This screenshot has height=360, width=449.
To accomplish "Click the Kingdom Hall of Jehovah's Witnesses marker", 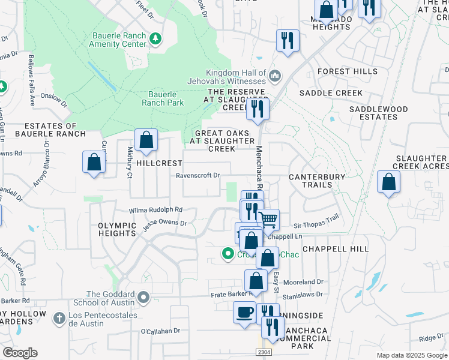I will coord(275,75).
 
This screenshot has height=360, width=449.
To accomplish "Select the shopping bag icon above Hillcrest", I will coord(146,141).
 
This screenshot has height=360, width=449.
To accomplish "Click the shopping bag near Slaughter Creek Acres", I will coord(389,184).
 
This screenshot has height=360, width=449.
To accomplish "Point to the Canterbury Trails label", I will coord(317,181).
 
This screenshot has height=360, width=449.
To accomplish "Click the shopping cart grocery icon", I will coord(268,220).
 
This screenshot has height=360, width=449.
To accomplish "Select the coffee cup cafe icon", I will coord(244,313).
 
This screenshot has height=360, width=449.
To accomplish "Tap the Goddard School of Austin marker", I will coord(143,298).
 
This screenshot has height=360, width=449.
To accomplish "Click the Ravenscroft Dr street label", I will coord(198,176).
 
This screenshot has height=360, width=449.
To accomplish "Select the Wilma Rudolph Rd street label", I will coord(155,211).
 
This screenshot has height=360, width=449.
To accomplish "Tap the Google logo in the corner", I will coord(20,352).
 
